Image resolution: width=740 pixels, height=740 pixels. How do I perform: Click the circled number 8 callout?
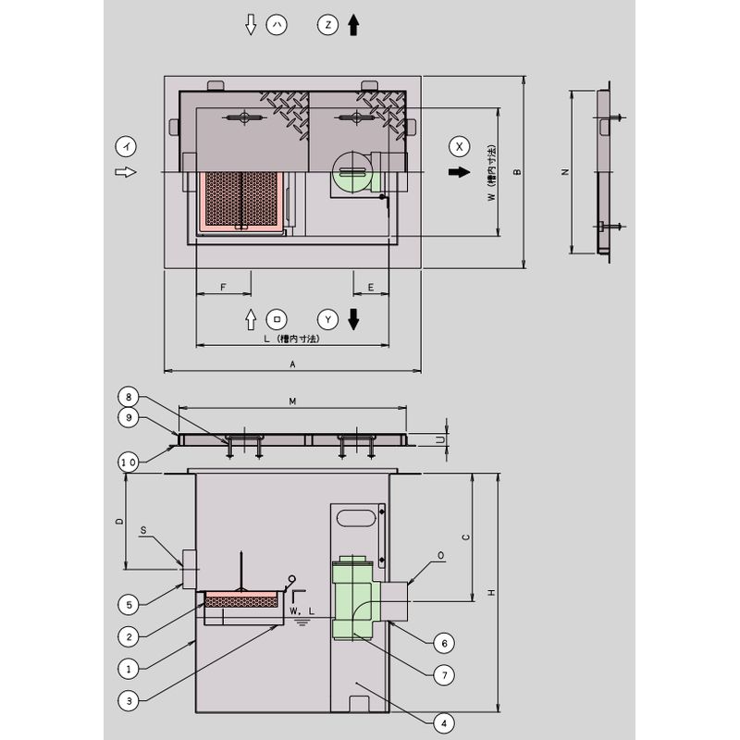[x=129, y=397]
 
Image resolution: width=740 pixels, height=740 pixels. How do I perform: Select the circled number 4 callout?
[x=444, y=723]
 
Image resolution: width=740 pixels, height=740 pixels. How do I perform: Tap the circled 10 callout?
[x=129, y=462]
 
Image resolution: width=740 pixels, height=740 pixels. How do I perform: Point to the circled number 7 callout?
[x=444, y=675]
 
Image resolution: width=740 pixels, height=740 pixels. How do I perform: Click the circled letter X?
[x=459, y=146]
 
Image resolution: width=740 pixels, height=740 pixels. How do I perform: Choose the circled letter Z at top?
[x=328, y=25]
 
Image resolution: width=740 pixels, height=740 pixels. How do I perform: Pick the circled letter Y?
[x=328, y=320]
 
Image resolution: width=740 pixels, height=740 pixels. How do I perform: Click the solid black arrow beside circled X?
[x=459, y=172]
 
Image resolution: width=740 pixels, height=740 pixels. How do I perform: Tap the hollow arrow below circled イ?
[x=126, y=172]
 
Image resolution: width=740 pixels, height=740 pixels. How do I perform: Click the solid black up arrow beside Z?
[x=353, y=25]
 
